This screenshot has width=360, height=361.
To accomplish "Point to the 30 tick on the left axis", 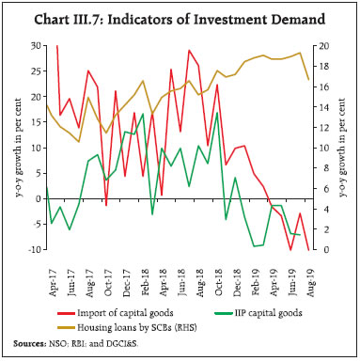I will [35, 45].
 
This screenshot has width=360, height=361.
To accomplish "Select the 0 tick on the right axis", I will [319, 250].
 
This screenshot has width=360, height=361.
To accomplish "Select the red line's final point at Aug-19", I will [309, 249].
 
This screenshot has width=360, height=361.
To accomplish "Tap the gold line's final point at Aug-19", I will [309, 79].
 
